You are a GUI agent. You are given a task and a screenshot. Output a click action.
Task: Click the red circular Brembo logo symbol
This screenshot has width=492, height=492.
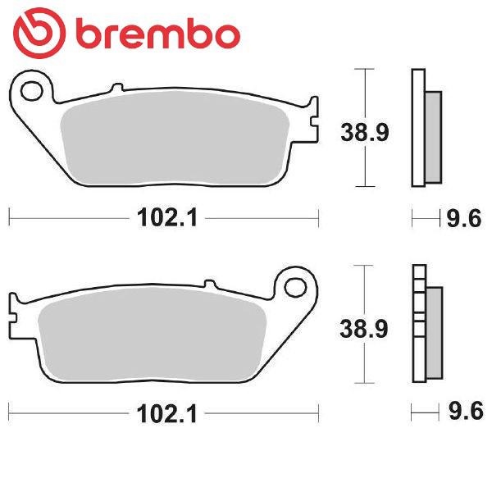[x=39, y=33]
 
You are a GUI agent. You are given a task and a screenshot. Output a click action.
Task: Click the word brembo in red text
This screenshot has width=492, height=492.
[x=158, y=34]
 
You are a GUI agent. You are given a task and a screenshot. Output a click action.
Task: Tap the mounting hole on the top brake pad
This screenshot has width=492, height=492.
[x=31, y=91]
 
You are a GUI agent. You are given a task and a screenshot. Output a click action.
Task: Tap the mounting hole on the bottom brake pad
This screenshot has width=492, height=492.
[x=295, y=288]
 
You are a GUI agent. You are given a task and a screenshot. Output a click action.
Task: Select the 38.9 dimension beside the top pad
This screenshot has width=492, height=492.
[x=365, y=132]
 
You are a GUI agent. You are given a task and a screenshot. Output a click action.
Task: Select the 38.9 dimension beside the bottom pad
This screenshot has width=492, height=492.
[x=364, y=329]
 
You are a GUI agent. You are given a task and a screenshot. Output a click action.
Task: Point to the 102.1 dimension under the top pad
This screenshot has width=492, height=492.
[x=167, y=218]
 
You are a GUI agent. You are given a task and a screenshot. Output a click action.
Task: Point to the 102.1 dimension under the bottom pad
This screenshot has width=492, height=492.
[x=167, y=414]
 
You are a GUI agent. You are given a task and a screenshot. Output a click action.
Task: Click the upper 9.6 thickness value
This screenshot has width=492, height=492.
[x=464, y=218]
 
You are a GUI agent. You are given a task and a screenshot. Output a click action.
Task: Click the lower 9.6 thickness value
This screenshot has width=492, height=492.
[x=466, y=411]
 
